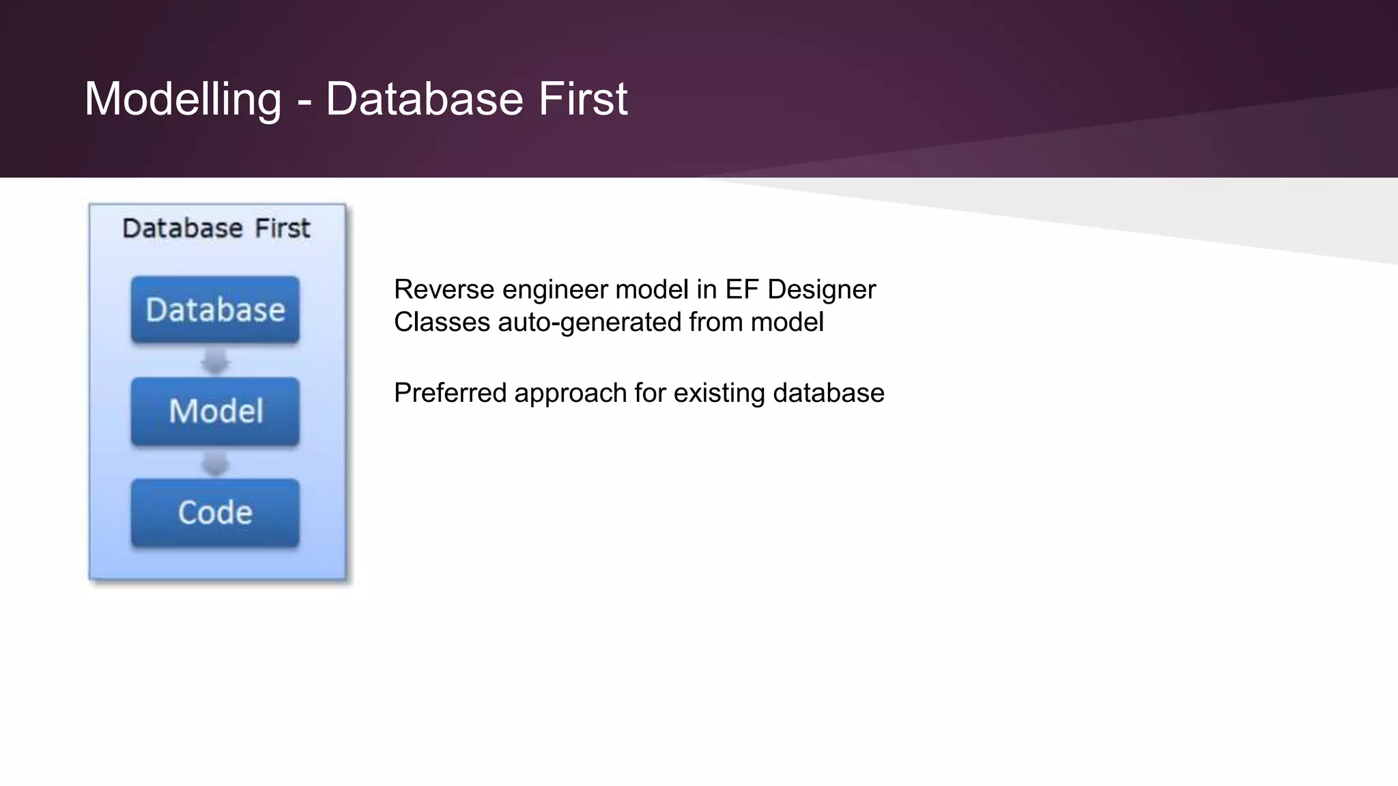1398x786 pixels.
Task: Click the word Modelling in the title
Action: pyautogui.click(x=182, y=100)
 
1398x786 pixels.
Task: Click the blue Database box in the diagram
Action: pyautogui.click(x=215, y=310)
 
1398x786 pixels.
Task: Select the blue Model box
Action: pyautogui.click(x=215, y=411)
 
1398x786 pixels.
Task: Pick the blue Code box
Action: pyautogui.click(x=215, y=512)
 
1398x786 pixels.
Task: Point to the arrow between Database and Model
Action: pyautogui.click(x=215, y=361)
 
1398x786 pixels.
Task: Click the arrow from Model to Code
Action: pyautogui.click(x=215, y=463)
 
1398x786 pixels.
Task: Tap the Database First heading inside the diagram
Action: pyautogui.click(x=216, y=228)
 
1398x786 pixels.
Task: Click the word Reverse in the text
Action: pyautogui.click(x=444, y=290)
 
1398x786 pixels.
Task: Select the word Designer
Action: pyautogui.click(x=821, y=290)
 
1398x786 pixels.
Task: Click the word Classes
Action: pyautogui.click(x=442, y=322)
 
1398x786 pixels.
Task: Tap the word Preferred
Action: pyautogui.click(x=450, y=394)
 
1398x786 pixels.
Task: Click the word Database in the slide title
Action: pyautogui.click(x=424, y=100)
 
